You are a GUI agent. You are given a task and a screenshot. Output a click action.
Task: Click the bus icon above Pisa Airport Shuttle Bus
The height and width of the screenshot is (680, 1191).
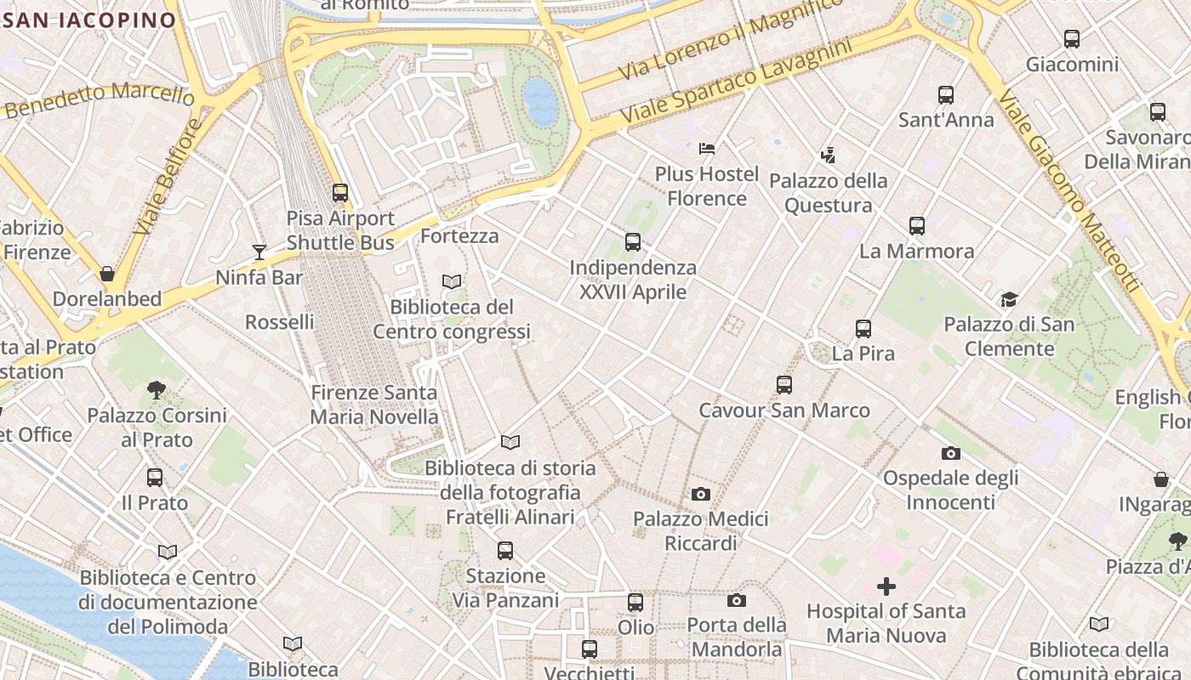pos(340,193)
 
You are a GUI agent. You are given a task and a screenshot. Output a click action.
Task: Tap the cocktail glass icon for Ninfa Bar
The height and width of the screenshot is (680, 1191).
pos(259,252)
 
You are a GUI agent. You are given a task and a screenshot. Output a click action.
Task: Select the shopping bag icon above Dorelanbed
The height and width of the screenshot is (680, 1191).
pos(107,274)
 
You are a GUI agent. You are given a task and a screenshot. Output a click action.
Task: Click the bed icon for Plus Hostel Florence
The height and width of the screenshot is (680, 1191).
pos(707,149)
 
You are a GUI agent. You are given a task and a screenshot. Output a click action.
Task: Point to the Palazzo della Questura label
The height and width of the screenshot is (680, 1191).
pos(828,193)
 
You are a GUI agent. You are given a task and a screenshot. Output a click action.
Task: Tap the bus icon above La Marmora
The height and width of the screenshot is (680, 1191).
pos(916,226)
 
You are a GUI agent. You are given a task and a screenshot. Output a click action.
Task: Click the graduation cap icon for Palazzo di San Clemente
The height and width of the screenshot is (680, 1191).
pos(1009,299)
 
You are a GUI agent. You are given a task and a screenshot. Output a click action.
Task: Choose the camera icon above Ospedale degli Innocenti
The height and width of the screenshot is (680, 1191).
pos(950,453)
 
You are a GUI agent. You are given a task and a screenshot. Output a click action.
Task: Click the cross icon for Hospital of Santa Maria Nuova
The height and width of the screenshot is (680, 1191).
pos(886,586)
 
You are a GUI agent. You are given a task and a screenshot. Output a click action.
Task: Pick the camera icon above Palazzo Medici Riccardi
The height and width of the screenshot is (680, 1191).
pos(701,494)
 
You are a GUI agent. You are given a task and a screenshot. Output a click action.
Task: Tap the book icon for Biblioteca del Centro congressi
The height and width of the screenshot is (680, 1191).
pos(452,281)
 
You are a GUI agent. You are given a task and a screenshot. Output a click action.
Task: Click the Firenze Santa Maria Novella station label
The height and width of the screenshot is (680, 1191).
pos(374,405)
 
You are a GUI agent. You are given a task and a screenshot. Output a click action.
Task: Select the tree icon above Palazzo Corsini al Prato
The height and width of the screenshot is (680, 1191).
pos(157,390)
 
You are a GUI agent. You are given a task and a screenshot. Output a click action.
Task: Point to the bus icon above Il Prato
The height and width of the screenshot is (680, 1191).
pos(155,478)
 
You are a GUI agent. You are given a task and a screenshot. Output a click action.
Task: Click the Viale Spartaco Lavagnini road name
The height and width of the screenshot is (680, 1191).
pos(736,81)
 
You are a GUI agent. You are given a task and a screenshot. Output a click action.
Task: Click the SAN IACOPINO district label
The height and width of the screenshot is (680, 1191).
pos(89,20)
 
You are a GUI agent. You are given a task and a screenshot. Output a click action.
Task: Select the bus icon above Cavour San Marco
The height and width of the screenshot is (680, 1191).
pos(784,385)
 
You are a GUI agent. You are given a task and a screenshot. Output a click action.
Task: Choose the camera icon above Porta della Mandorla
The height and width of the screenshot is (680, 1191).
pos(737,601)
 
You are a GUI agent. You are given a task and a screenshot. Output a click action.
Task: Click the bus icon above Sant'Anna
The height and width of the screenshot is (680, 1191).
pos(946,95)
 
